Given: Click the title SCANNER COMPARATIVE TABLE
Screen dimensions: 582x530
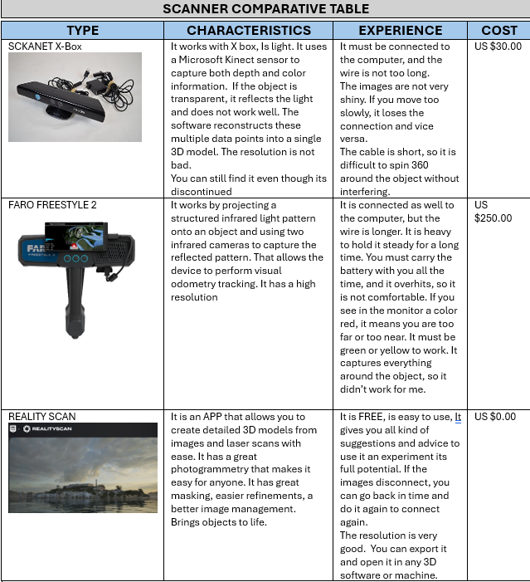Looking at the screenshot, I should point(265,9).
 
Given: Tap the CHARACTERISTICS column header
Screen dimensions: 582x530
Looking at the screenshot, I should point(249,30).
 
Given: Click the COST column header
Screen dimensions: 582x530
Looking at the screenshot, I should point(498,30).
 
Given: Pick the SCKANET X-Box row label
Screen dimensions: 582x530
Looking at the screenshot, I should point(45,47).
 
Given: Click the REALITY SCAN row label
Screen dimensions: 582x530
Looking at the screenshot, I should point(41,417).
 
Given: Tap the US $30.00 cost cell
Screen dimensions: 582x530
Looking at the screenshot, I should point(498,47).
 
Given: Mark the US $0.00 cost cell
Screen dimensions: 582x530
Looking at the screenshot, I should point(494,417).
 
